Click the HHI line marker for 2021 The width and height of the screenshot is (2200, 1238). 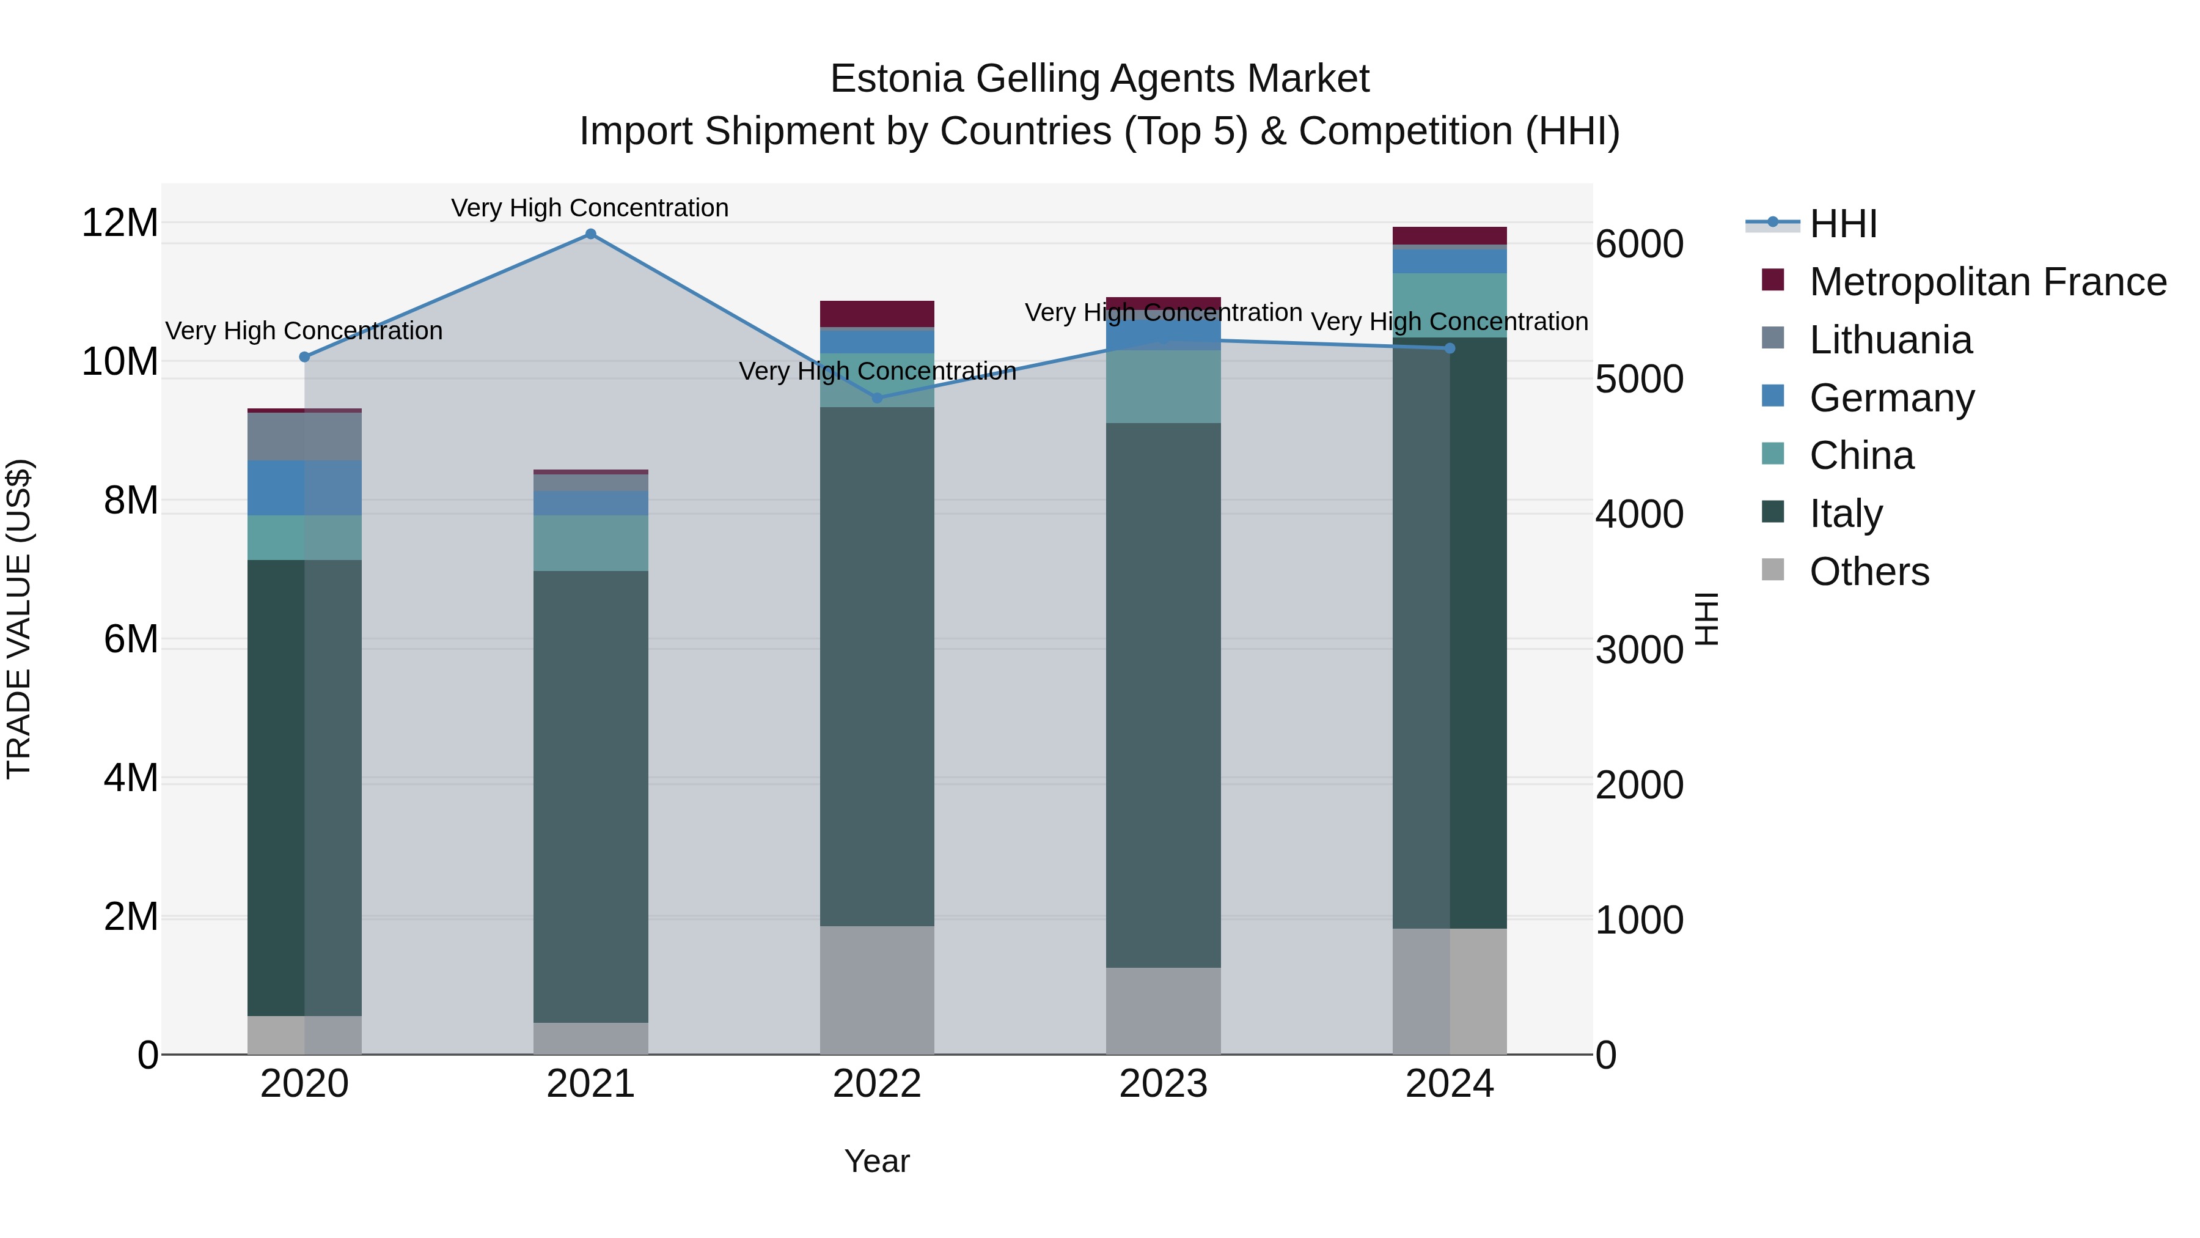(x=590, y=234)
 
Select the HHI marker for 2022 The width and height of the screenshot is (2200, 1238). (x=877, y=398)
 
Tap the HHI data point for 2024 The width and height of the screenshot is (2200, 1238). (x=1450, y=348)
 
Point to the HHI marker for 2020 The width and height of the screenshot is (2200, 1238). (x=304, y=357)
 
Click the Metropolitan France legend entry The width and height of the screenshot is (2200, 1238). (x=1987, y=282)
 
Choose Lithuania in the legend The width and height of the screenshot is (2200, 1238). (x=1890, y=340)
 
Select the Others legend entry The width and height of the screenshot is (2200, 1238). (x=1869, y=572)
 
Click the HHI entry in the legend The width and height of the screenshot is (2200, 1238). (x=1843, y=224)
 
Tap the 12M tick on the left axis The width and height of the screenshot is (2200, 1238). (x=120, y=223)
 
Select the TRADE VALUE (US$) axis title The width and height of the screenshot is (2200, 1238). (x=19, y=619)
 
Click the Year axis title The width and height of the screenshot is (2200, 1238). (x=877, y=1161)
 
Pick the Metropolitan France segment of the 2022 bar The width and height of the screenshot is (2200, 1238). (x=877, y=314)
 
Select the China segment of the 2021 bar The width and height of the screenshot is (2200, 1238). (x=590, y=543)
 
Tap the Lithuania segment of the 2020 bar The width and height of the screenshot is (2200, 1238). (x=304, y=437)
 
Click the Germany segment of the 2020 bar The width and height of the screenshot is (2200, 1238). (x=304, y=488)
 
